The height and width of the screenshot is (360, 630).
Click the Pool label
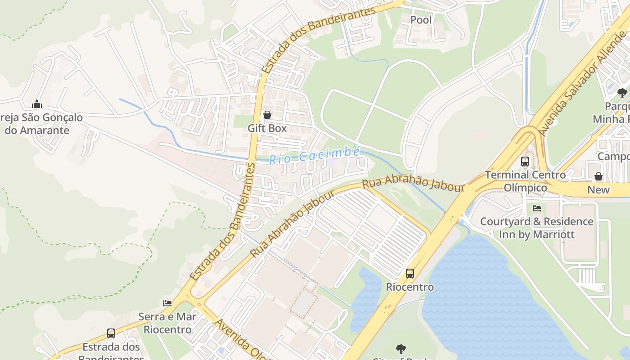pyautogui.click(x=421, y=20)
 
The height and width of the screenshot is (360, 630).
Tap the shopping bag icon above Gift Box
pyautogui.click(x=267, y=115)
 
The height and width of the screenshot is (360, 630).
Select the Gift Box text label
pyautogui.click(x=267, y=128)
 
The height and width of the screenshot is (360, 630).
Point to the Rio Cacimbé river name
pyautogui.click(x=315, y=155)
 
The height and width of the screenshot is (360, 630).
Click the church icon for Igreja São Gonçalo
pyautogui.click(x=37, y=104)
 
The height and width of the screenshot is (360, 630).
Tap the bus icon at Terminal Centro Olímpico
pyautogui.click(x=525, y=161)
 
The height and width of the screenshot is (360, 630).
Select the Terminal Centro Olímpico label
pyautogui.click(x=525, y=181)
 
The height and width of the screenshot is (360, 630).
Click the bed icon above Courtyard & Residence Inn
pyautogui.click(x=536, y=208)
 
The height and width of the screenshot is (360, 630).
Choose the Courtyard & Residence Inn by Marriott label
pyautogui.click(x=536, y=228)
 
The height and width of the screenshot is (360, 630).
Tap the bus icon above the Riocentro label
pyautogui.click(x=410, y=273)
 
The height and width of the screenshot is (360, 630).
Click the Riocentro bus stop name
pyautogui.click(x=410, y=287)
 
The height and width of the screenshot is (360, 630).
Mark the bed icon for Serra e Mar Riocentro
pyautogui.click(x=167, y=303)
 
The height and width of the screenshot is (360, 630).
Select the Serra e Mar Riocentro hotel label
pyautogui.click(x=167, y=323)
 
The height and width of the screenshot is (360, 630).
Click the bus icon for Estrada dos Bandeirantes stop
pyautogui.click(x=111, y=333)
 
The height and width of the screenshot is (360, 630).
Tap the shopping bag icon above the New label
pyautogui.click(x=598, y=176)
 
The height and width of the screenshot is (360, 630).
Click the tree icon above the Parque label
pyautogui.click(x=622, y=93)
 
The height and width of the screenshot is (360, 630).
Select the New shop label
pyautogui.click(x=598, y=190)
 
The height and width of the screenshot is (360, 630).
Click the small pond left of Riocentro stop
pyautogui.click(x=367, y=297)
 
